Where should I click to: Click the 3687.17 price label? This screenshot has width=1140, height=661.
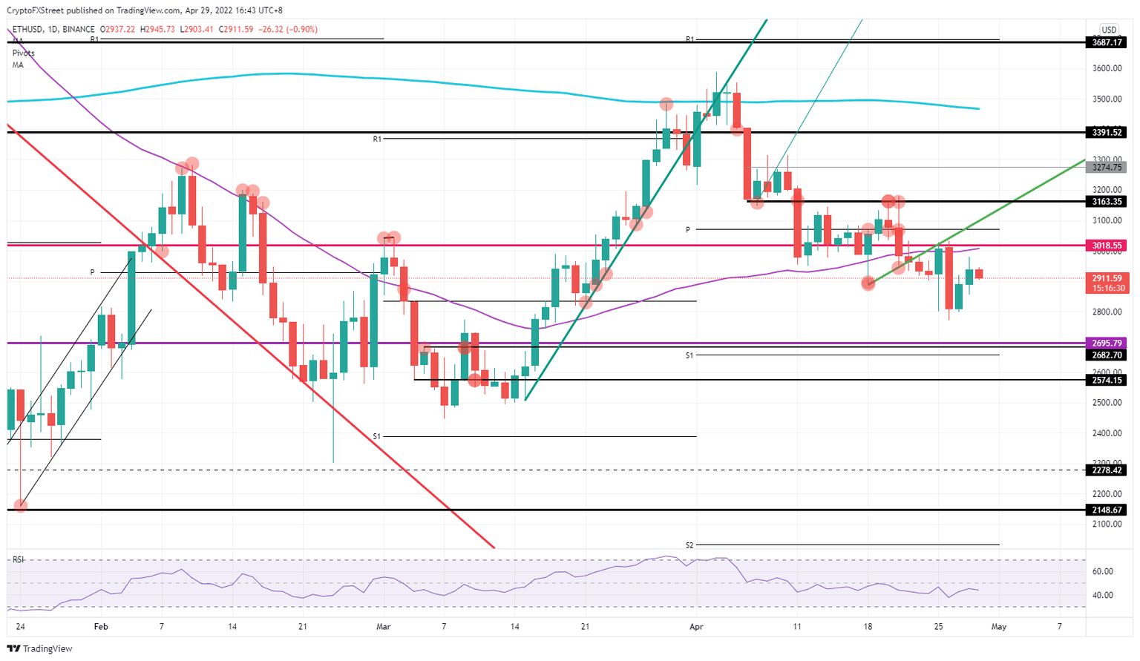click(x=1107, y=43)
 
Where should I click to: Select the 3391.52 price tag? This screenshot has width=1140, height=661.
click(x=1107, y=133)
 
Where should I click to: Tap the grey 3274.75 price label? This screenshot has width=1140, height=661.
click(x=1107, y=168)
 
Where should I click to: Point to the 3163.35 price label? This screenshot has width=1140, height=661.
click(x=1107, y=202)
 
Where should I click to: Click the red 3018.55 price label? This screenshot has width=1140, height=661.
click(x=1107, y=246)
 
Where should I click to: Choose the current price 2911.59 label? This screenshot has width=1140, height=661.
click(x=1107, y=279)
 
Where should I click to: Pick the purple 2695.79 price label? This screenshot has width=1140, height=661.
click(x=1107, y=343)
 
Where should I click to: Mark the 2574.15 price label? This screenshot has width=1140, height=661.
click(x=1107, y=380)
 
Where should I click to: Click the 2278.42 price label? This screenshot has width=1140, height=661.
click(x=1107, y=470)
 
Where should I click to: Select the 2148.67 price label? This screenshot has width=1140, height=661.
click(x=1107, y=510)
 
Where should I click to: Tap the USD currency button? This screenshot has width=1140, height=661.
click(x=1108, y=30)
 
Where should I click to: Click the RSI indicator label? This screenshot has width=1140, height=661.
click(x=18, y=559)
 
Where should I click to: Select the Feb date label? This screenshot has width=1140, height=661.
click(x=101, y=627)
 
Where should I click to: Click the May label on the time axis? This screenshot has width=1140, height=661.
click(x=999, y=627)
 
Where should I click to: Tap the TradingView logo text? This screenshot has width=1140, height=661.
click(x=47, y=649)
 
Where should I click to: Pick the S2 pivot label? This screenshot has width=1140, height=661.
click(x=689, y=545)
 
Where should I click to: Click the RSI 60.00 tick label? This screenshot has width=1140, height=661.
click(x=1103, y=571)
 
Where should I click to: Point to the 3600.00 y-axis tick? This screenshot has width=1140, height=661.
click(x=1106, y=69)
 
